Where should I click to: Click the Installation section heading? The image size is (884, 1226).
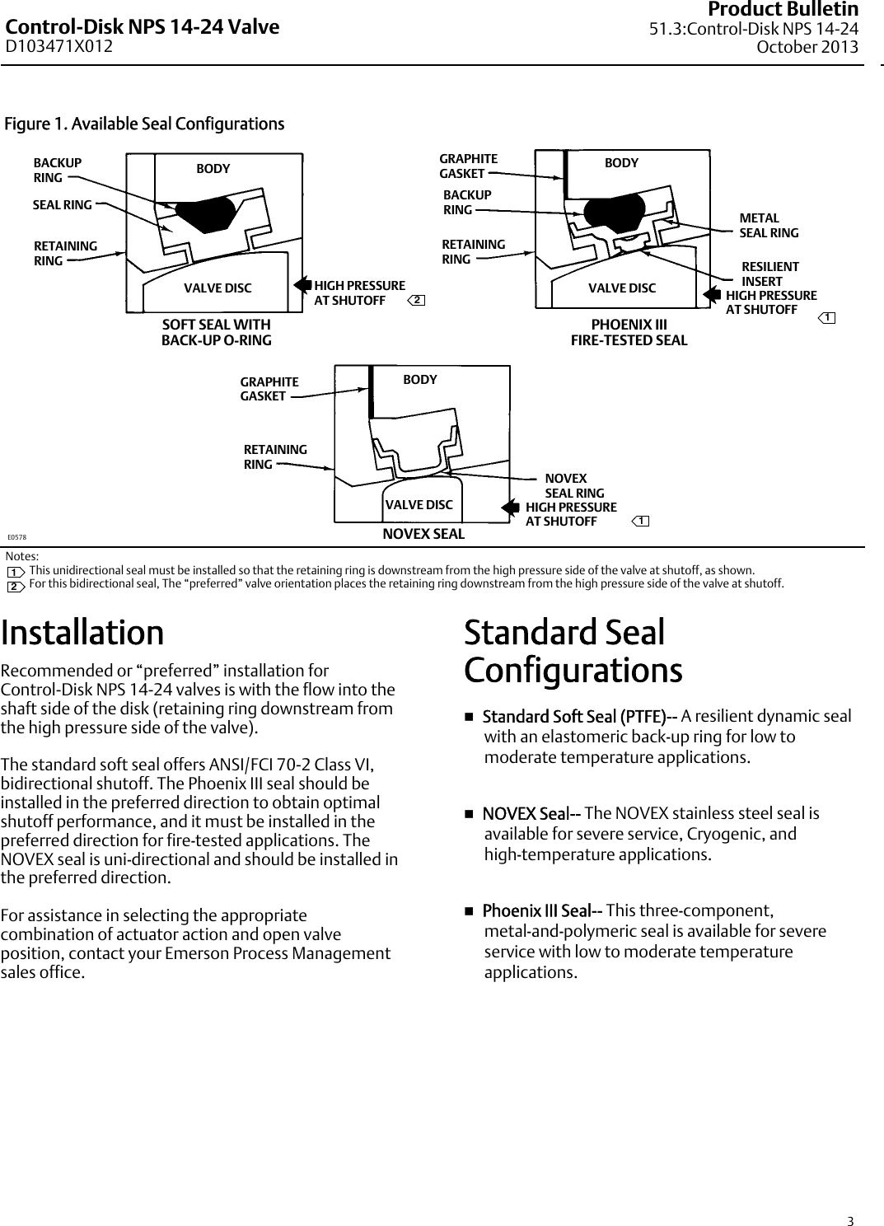coord(82,633)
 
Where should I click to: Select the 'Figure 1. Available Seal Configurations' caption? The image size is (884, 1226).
coord(144,124)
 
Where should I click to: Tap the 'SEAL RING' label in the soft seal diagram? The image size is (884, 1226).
coord(62,205)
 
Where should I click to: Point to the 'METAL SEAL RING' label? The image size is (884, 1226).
coord(768,226)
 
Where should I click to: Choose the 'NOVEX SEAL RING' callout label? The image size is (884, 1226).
coord(573,486)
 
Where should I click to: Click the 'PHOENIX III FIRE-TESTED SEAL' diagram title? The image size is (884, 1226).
coord(629,332)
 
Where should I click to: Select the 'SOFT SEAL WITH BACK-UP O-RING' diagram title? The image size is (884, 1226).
coord(216,332)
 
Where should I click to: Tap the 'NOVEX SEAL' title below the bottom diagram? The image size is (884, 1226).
coord(423,534)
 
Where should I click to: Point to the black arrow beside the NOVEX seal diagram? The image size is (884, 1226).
coord(512,508)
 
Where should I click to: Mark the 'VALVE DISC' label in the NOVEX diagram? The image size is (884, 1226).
coord(419,504)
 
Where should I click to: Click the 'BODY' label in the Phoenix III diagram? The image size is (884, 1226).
coord(621,163)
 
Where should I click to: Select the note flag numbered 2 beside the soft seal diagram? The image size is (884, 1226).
coord(418,300)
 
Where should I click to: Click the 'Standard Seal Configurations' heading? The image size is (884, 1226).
coord(573,651)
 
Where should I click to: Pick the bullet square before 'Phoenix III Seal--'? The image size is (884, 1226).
coord(470,911)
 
